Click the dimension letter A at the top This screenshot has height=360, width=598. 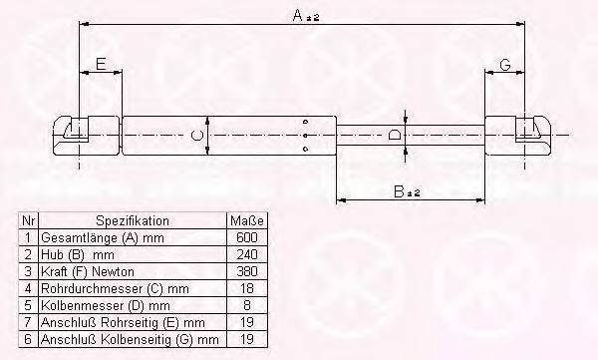click(x=298, y=15)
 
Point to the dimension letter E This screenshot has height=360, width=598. click(x=101, y=64)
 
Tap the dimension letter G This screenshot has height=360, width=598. click(x=505, y=65)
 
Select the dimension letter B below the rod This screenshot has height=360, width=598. click(x=399, y=191)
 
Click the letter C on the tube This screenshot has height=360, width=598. click(x=196, y=136)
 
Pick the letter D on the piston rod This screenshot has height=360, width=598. click(x=395, y=136)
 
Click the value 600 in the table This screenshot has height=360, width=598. click(x=247, y=237)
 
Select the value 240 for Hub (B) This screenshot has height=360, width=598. click(x=247, y=254)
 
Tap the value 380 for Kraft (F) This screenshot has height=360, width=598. click(x=247, y=271)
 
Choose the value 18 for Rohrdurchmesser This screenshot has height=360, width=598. click(x=247, y=288)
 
